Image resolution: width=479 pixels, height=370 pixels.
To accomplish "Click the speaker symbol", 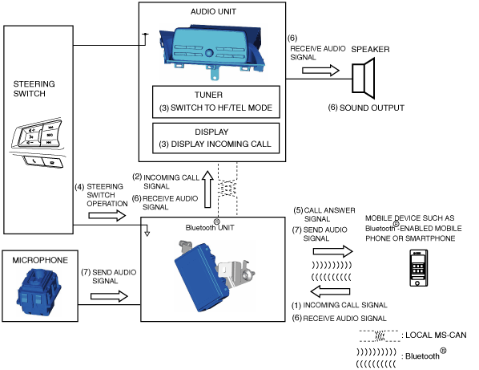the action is [x=363, y=79].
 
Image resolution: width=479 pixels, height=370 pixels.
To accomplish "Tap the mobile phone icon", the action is [x=418, y=268].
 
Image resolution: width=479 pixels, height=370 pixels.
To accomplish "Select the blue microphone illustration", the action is [x=38, y=291].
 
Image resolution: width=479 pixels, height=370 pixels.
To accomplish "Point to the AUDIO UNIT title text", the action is [x=213, y=11].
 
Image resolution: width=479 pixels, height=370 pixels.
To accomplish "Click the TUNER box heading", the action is [x=208, y=95].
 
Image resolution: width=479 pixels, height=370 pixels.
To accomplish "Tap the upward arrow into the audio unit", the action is [x=207, y=189].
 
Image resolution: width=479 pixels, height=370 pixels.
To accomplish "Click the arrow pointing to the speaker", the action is [x=320, y=71].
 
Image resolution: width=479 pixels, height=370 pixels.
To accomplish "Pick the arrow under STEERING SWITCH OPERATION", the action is [x=107, y=216].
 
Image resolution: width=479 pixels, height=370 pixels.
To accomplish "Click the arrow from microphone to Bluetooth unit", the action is [x=109, y=296].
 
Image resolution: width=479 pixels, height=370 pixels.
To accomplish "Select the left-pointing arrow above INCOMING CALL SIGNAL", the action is [x=330, y=291].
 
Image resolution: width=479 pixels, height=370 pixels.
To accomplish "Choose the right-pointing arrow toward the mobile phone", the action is [x=333, y=251].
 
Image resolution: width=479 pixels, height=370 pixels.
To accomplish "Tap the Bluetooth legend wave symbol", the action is [x=376, y=358].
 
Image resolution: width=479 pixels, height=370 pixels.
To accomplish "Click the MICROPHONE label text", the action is [x=40, y=260].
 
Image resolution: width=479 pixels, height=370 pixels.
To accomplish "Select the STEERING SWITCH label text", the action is [x=34, y=89].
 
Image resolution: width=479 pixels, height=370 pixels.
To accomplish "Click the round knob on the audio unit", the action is [x=209, y=53].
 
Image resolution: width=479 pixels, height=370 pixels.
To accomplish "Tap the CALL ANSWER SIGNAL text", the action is [x=324, y=214].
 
